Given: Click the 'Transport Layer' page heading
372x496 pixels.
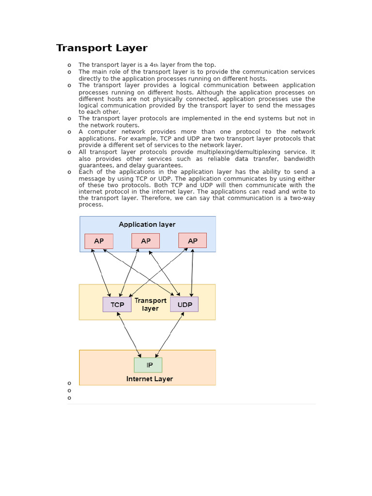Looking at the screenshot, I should point(102,48).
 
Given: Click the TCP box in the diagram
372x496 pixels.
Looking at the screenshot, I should point(117,305).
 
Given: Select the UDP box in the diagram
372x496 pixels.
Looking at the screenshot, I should point(185,305).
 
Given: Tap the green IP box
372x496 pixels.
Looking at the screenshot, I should point(148,365).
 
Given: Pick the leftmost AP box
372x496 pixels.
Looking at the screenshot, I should point(99,241).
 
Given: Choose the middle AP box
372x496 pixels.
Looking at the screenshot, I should point(146,241).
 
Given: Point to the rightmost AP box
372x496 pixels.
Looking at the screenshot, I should point(192,241).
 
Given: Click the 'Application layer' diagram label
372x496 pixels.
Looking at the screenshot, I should point(147,224).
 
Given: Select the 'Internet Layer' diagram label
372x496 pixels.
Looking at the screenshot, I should point(149,379).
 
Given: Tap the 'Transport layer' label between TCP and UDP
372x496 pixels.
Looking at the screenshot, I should point(150,304).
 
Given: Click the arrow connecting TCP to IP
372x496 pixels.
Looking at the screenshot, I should point(129,334).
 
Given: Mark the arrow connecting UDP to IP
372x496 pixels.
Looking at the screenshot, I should point(170,334).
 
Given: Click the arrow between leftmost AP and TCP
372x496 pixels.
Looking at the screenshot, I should point(101,273).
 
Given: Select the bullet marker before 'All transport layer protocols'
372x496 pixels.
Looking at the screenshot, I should point(69,152).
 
